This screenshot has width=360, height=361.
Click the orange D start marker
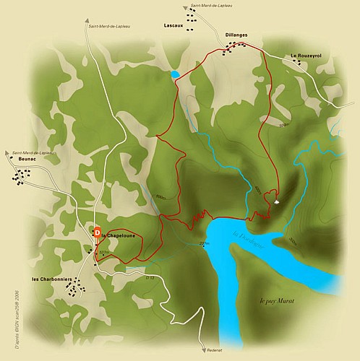pyautogui.click(x=96, y=232)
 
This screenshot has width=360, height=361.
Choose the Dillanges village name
pyautogui.click(x=236, y=34)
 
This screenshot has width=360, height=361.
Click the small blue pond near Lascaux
pyautogui.click(x=176, y=74)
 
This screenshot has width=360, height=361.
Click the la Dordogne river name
pyautogui.click(x=249, y=239)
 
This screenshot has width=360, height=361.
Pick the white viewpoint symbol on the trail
pyautogui.click(x=278, y=203)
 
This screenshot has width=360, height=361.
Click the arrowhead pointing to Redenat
pyautogui.click(x=204, y=345)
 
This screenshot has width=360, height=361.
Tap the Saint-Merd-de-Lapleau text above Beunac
pyautogui.click(x=33, y=152)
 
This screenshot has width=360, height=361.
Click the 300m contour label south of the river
pyautogui.click(x=293, y=241)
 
